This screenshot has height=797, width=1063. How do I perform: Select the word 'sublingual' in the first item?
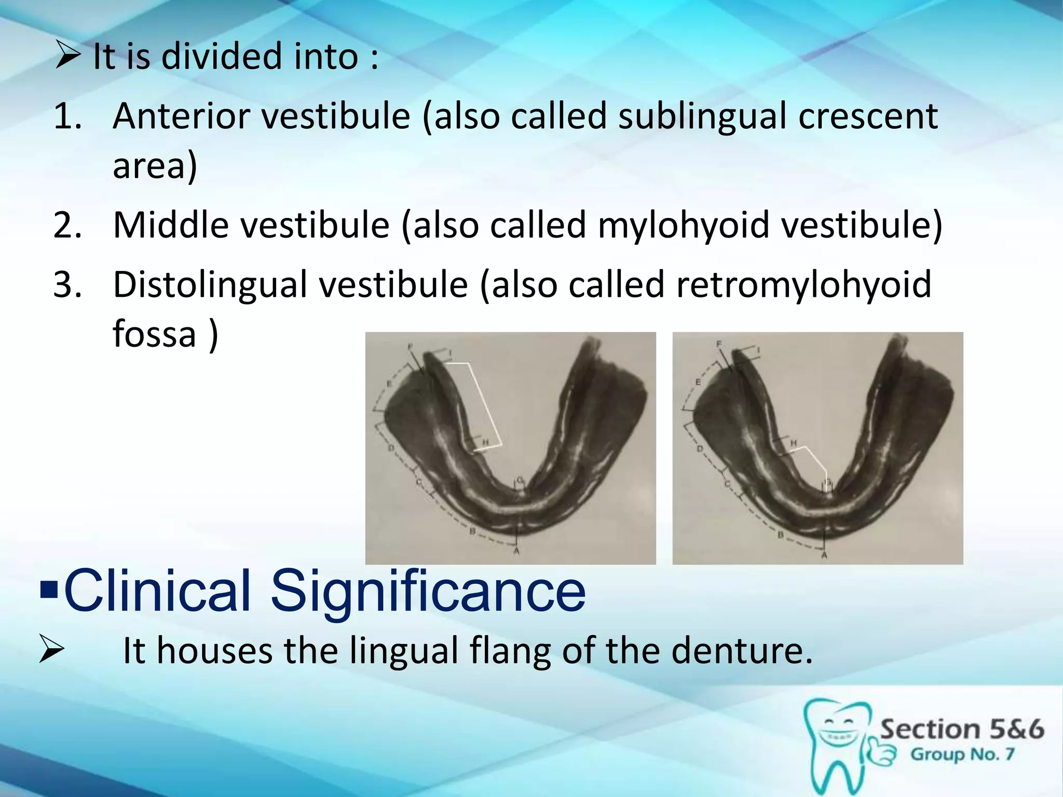point(702,116)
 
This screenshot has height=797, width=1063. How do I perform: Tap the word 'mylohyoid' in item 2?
point(683,225)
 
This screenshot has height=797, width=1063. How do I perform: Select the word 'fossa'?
point(154,334)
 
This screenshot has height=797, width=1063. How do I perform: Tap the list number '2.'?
point(68,225)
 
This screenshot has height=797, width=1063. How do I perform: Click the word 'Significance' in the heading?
point(428,591)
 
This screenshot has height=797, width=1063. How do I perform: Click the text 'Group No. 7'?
point(962,754)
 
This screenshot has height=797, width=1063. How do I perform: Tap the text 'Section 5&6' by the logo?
point(961,729)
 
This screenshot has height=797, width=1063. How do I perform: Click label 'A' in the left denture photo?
point(516,551)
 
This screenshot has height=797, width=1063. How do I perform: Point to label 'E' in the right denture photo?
point(698,382)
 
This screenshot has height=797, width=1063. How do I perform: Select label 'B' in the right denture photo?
point(780,535)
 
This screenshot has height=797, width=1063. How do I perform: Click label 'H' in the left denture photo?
point(486,442)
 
